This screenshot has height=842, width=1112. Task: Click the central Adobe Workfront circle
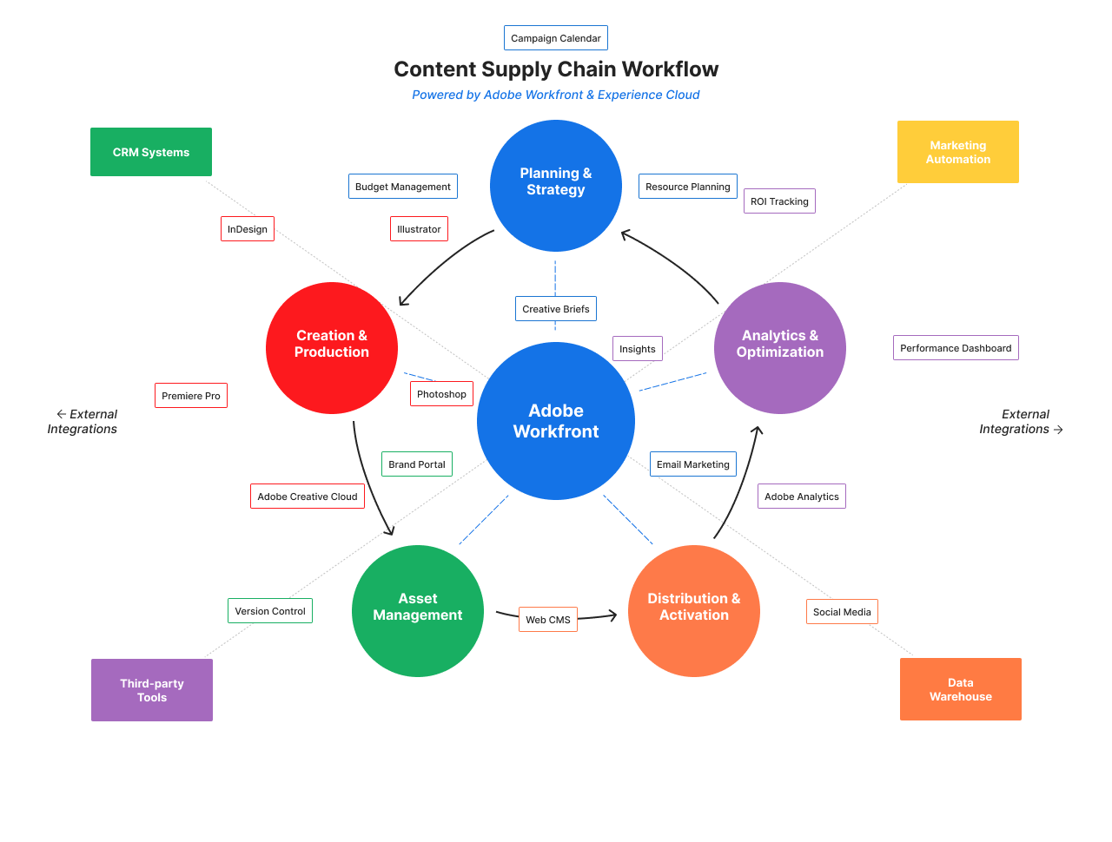pos(556,421)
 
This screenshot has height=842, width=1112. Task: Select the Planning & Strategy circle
pos(556,186)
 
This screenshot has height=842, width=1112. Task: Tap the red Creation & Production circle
pos(332,347)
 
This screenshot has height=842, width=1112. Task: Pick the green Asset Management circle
pos(418,610)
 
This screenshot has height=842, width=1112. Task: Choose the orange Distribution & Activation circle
pos(694,610)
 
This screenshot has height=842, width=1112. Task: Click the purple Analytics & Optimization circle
pos(780,347)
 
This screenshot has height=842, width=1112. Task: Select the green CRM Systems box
pos(151,152)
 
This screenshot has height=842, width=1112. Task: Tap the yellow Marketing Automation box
pos(958,152)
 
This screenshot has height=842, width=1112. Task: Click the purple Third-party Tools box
pos(152,690)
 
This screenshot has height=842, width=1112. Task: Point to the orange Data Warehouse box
pos(961,689)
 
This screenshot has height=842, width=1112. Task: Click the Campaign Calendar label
pos(556,38)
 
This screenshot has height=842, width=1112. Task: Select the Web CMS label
pos(548,620)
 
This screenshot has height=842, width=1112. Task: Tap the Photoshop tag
pos(441,394)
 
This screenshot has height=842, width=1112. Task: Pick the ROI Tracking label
pos(779,201)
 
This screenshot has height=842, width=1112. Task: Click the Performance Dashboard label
pos(956,348)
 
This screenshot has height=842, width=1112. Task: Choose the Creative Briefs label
pos(556,309)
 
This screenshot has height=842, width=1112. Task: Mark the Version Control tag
pos(270,611)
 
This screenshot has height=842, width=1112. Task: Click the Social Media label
pos(842,612)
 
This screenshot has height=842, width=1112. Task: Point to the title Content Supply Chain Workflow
pos(556,69)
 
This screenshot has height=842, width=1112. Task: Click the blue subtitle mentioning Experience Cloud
pos(556,95)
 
